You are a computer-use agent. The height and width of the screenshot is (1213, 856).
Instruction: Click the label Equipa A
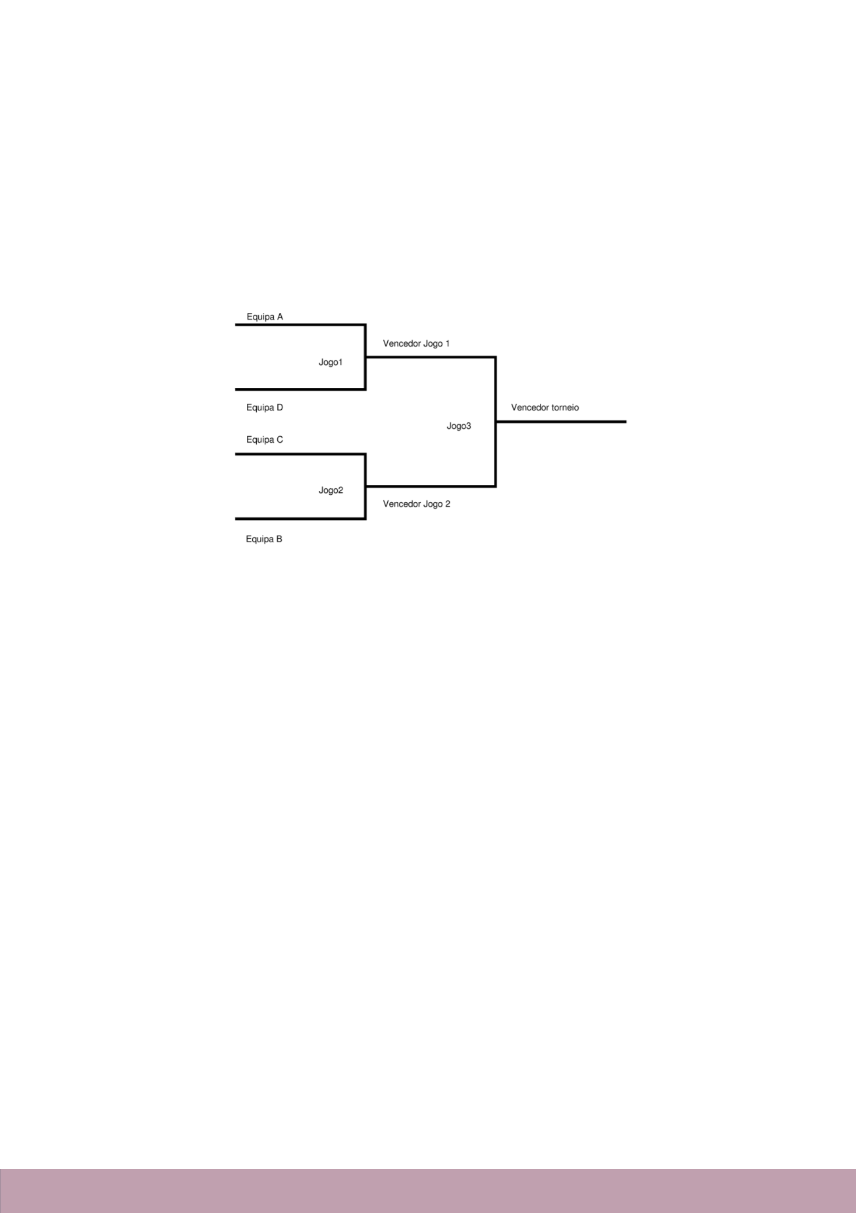tap(265, 317)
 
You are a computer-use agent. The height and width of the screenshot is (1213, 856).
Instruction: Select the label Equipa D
tap(265, 408)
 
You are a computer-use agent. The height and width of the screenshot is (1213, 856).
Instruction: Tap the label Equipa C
tap(265, 439)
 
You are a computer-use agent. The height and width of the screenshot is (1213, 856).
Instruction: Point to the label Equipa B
tap(264, 539)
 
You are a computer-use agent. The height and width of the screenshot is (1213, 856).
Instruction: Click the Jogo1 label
tap(331, 362)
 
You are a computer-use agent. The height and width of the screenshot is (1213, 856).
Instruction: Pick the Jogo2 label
tap(331, 490)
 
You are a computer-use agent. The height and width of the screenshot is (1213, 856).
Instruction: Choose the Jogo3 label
tap(459, 426)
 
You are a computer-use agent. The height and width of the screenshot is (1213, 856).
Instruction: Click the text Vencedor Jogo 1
tap(416, 343)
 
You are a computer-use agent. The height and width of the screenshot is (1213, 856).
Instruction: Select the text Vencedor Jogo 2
tap(417, 504)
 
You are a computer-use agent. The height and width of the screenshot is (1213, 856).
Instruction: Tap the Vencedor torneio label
tap(545, 408)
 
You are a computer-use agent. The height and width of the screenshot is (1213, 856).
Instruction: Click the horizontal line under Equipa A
tap(300, 324)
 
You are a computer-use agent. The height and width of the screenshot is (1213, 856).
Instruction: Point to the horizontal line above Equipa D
tap(300, 389)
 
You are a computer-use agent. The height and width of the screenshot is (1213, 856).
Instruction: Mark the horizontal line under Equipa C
tap(300, 454)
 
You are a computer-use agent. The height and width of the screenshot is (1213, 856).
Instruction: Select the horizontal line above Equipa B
tap(300, 519)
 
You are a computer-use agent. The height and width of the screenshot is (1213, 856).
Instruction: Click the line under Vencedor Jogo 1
tap(431, 357)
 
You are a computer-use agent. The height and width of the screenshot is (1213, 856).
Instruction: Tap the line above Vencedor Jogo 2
tap(431, 486)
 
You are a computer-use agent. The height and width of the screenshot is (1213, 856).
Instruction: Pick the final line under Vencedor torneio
tap(560, 422)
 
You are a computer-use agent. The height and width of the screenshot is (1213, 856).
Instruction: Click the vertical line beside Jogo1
tap(365, 357)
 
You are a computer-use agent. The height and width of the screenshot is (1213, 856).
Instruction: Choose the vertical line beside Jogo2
tap(365, 486)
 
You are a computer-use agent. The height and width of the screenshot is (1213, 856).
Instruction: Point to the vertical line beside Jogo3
tap(495, 422)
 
